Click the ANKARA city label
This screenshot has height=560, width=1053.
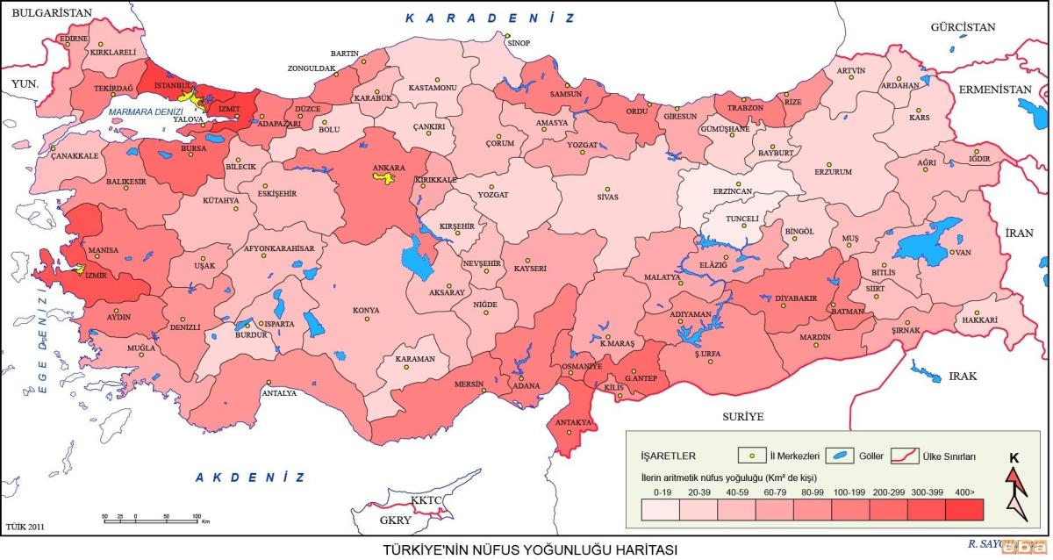pos(389,166)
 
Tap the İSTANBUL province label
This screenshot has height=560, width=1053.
pos(172,85)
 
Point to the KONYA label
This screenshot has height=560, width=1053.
pos(366,310)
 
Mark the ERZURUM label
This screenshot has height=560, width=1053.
pos(833,172)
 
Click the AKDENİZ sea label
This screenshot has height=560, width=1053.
pos(250,477)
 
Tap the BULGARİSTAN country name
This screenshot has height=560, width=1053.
pos(47,12)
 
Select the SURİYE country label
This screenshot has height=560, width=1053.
pos(743,416)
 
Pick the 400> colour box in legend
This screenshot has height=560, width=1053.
pos(964,509)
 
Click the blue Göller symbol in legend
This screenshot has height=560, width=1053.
pos(842,456)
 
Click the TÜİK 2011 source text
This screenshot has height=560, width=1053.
pos(25,528)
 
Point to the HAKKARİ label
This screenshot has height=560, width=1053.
pos(980,320)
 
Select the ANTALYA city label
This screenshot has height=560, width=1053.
pos(279,392)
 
